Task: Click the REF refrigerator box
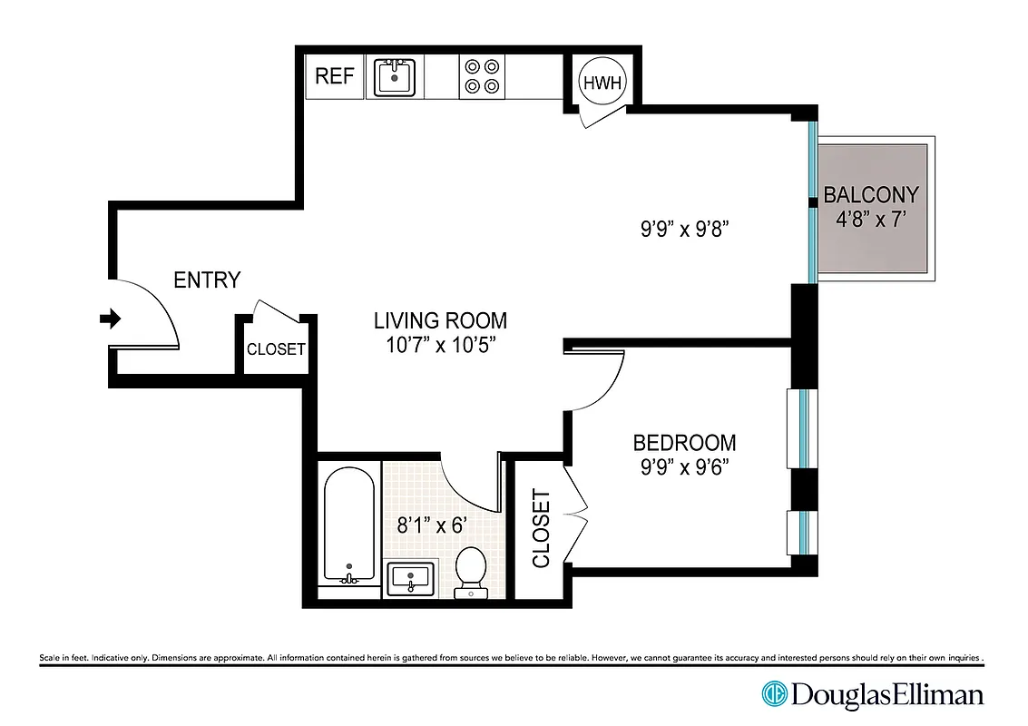click(x=334, y=76)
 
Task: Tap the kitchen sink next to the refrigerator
click(x=394, y=76)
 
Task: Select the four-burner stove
click(x=481, y=76)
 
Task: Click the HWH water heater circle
click(x=602, y=82)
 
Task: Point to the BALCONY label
click(x=870, y=194)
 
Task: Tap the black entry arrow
click(x=110, y=318)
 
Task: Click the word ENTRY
click(x=207, y=280)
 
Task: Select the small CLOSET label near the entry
click(x=276, y=349)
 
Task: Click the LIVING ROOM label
click(x=440, y=320)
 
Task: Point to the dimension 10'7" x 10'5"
click(x=440, y=345)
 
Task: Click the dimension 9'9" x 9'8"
click(x=685, y=230)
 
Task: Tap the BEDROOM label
click(x=684, y=443)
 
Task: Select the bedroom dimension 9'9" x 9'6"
click(x=684, y=467)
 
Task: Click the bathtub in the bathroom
click(x=348, y=526)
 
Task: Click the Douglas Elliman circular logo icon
click(x=774, y=694)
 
